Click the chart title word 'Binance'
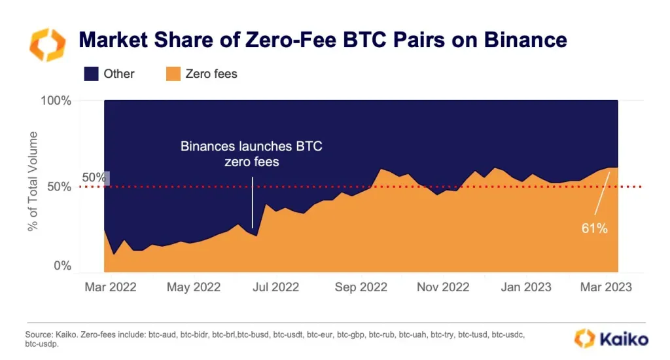pyautogui.click(x=525, y=40)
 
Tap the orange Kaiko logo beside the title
pyautogui.click(x=47, y=45)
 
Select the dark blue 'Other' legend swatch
pyautogui.click(x=91, y=74)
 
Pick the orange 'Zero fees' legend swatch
pyautogui.click(x=173, y=74)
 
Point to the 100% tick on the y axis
pyautogui.click(x=56, y=101)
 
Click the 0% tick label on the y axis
pyautogui.click(x=62, y=266)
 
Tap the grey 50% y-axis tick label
pyautogui.click(x=59, y=187)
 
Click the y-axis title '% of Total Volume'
pyautogui.click(x=33, y=181)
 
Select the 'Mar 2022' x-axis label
pyautogui.click(x=110, y=287)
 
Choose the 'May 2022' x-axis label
pyautogui.click(x=194, y=287)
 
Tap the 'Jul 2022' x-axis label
pyautogui.click(x=275, y=287)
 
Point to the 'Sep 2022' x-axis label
pyautogui.click(x=361, y=287)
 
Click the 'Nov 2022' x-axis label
pyautogui.click(x=443, y=287)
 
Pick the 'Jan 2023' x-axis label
pyautogui.click(x=526, y=287)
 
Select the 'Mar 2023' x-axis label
pyautogui.click(x=606, y=287)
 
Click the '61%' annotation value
pyautogui.click(x=594, y=228)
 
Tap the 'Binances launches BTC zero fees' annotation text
pyautogui.click(x=252, y=154)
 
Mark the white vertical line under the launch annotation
pyautogui.click(x=252, y=202)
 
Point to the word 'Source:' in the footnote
pyautogui.click(x=39, y=334)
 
